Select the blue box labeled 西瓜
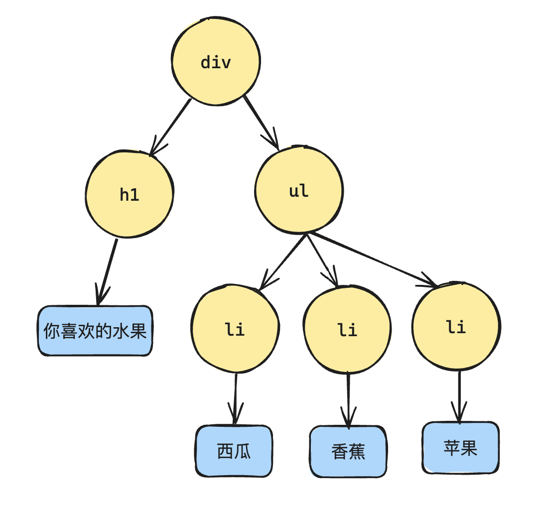(x=234, y=451)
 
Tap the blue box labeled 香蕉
(x=348, y=451)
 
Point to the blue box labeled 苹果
(x=460, y=448)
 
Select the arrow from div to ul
(x=261, y=122)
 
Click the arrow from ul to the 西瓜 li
(x=283, y=261)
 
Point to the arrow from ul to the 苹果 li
(x=374, y=260)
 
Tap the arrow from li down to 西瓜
(x=235, y=398)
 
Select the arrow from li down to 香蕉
(x=348, y=398)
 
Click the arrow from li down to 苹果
(x=459, y=396)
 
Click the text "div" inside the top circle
(x=216, y=63)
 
